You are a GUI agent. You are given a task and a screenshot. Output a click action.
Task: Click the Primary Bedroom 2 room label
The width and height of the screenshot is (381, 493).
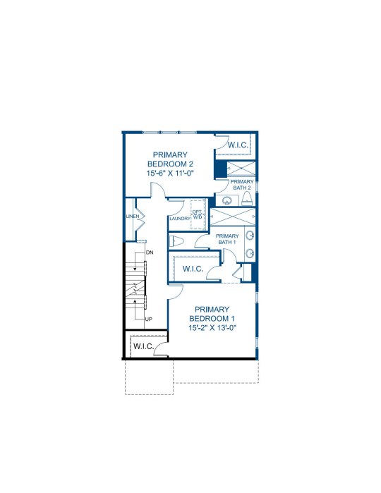(170, 159)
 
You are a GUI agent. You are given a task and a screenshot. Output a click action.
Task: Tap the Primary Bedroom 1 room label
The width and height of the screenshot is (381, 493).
(212, 314)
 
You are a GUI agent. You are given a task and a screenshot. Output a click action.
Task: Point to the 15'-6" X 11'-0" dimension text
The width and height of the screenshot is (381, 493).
(170, 173)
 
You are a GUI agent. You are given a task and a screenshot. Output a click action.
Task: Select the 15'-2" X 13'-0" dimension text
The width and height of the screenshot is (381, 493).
(212, 328)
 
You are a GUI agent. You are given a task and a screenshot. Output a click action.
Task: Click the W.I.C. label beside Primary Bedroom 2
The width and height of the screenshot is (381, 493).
(238, 145)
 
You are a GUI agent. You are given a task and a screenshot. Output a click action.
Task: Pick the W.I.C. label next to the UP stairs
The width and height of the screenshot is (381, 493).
(144, 346)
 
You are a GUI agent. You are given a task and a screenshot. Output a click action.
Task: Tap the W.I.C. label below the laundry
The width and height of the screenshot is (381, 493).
(193, 269)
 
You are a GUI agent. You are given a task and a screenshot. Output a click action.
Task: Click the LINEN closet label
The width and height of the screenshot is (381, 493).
(133, 217)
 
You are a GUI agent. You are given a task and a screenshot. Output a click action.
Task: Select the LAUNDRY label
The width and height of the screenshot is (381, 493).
(180, 219)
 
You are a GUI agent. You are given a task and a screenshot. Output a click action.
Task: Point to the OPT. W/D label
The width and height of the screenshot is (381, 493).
(198, 214)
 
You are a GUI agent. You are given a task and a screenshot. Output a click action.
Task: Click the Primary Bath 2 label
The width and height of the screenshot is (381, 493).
(242, 185)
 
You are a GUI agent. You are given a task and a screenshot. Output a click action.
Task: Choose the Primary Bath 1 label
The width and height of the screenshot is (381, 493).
(227, 239)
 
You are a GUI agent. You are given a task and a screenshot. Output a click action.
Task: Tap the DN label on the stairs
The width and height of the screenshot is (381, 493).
(150, 252)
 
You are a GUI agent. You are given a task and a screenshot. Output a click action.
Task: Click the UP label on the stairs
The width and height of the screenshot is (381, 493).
(149, 319)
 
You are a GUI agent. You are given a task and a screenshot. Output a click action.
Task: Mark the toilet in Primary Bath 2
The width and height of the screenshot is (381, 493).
(247, 198)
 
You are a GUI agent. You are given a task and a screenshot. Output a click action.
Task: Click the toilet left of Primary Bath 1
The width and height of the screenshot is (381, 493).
(176, 241)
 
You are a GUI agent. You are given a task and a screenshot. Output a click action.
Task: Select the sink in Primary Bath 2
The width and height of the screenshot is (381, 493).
(227, 200)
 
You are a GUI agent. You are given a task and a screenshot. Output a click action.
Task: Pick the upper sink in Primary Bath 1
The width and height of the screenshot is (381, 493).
(250, 236)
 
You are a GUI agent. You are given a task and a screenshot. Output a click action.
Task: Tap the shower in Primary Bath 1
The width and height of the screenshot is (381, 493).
(233, 217)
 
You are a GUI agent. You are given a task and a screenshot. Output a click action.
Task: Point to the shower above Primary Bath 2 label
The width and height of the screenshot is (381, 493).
(241, 168)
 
